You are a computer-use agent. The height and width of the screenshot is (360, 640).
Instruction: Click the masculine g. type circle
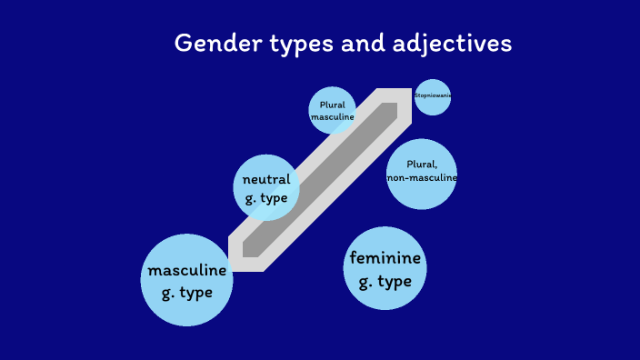click(x=187, y=280)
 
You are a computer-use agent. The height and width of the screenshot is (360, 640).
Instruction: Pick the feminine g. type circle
click(x=385, y=268)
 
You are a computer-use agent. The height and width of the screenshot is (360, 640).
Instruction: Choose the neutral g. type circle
click(x=266, y=187)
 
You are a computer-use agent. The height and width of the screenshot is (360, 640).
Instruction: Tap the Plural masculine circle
click(x=332, y=111)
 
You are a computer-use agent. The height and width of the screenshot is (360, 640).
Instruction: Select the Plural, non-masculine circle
click(x=421, y=174)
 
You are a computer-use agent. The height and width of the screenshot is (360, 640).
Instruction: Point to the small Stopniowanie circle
click(x=433, y=96)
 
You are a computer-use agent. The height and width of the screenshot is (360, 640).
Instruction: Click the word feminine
click(x=385, y=258)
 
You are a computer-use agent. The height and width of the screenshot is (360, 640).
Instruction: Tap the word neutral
click(x=266, y=179)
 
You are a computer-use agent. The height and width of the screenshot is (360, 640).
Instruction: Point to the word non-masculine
click(x=421, y=178)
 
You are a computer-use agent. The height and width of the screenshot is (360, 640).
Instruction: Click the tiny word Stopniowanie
click(x=433, y=95)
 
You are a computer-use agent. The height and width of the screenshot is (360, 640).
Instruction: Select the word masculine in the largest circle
click(x=187, y=271)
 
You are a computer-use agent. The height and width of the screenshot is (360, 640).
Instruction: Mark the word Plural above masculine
click(x=332, y=105)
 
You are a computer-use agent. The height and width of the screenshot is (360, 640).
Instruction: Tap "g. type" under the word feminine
click(x=385, y=281)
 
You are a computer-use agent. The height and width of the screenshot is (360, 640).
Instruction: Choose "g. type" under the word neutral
click(x=266, y=198)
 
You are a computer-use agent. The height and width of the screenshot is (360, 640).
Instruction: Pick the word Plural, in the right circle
click(x=422, y=165)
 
